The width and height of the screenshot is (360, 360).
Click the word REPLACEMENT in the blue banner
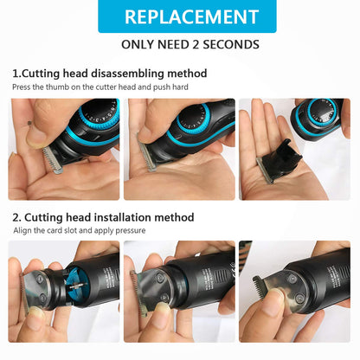click(x=179, y=16)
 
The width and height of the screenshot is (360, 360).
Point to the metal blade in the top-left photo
click(x=55, y=161)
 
